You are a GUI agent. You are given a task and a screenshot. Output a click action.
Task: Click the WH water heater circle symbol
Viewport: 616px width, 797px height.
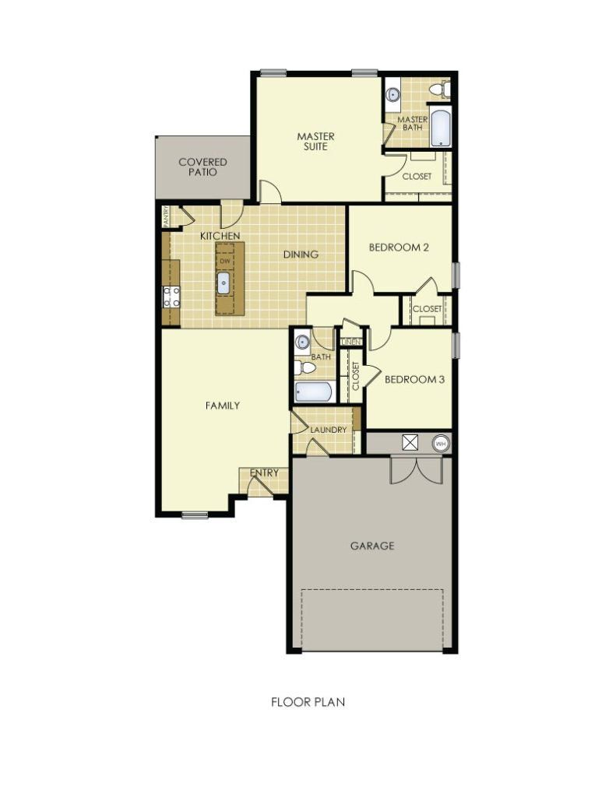click(x=441, y=444)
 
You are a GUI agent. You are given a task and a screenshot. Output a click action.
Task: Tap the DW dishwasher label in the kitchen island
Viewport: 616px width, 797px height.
click(x=224, y=261)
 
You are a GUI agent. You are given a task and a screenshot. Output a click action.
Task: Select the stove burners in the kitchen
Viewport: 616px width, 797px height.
click(x=171, y=296)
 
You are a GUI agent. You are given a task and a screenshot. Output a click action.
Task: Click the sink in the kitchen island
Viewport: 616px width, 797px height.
click(x=224, y=283)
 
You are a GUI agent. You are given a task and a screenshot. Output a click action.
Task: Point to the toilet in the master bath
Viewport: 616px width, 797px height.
click(x=443, y=90)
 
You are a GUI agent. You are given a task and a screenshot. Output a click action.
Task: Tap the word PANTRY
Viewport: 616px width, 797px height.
click(x=166, y=216)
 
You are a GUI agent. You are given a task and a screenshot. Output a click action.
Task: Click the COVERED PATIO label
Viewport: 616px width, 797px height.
click(x=202, y=167)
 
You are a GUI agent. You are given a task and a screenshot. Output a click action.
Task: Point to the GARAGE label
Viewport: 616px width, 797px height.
click(x=371, y=546)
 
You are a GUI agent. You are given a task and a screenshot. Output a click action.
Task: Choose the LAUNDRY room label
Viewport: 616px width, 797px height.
click(x=328, y=430)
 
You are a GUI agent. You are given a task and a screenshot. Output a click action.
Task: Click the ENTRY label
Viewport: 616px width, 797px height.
click(x=264, y=472)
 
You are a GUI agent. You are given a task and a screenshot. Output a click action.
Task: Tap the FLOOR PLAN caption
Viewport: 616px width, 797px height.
click(x=308, y=701)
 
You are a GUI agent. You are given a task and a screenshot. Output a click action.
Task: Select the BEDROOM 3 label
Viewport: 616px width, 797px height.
click(x=414, y=380)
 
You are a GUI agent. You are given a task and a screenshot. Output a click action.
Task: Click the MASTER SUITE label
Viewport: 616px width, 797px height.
click(x=316, y=142)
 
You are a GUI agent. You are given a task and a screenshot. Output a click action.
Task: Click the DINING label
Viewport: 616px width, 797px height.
click(x=301, y=254)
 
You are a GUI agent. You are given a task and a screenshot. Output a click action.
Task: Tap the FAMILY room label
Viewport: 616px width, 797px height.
click(x=222, y=406)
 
